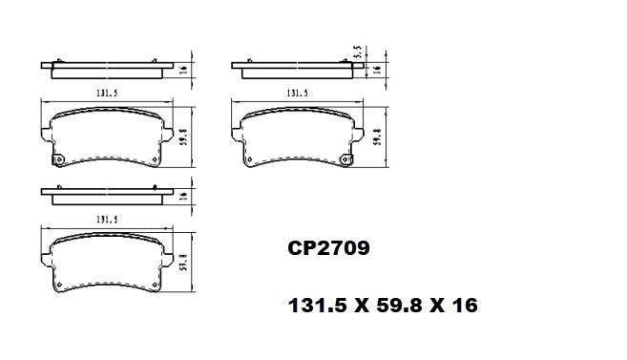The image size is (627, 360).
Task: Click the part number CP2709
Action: click(x=328, y=250)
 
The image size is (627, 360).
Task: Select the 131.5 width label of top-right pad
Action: click(x=297, y=93)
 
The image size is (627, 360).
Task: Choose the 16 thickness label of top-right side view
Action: click(x=377, y=70)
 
